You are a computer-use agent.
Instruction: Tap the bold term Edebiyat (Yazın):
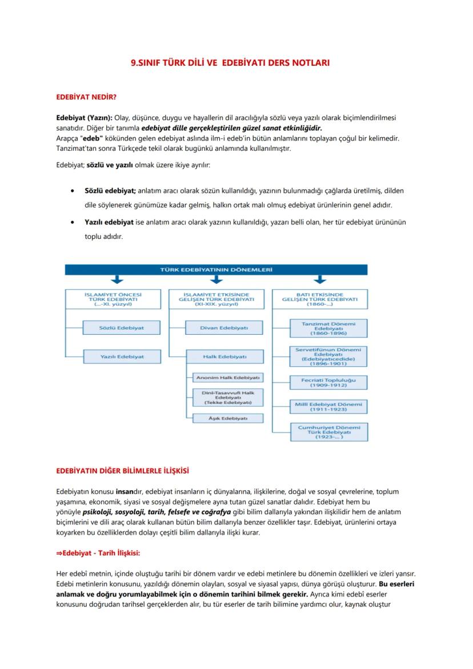(x=84, y=117)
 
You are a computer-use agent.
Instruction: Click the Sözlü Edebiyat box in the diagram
(x=114, y=328)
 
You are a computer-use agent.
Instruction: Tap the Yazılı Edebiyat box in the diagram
(x=114, y=356)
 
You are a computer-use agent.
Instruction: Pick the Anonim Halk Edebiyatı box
(x=227, y=378)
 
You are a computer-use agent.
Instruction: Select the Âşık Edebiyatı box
(x=227, y=418)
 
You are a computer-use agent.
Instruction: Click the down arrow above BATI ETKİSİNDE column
(x=320, y=280)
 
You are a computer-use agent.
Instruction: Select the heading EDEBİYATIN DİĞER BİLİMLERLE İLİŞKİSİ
(x=122, y=471)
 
